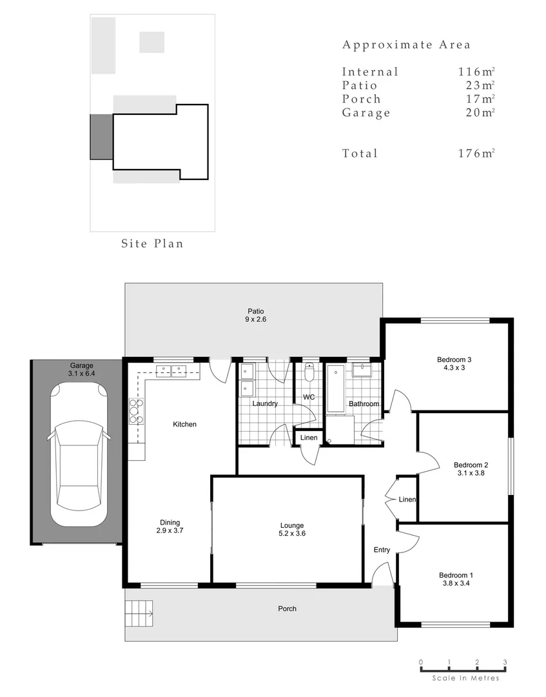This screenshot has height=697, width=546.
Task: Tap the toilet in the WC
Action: pyautogui.click(x=309, y=374)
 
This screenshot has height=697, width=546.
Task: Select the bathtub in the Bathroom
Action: pyautogui.click(x=335, y=389)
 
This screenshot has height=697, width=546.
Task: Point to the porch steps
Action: pyautogui.click(x=140, y=609)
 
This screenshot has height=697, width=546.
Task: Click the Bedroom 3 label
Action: pyautogui.click(x=450, y=359)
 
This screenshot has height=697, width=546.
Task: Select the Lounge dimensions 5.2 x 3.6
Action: pyautogui.click(x=291, y=534)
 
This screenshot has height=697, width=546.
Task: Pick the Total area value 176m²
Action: pyautogui.click(x=476, y=153)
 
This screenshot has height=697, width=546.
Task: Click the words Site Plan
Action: pyautogui.click(x=152, y=243)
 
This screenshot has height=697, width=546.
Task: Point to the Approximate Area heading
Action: pyautogui.click(x=406, y=45)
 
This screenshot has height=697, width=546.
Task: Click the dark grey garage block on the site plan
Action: pyautogui.click(x=101, y=137)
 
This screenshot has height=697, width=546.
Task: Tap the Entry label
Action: pyautogui.click(x=382, y=550)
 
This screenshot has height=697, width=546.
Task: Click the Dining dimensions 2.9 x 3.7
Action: pyautogui.click(x=170, y=530)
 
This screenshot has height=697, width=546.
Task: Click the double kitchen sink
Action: pyautogui.click(x=170, y=370)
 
